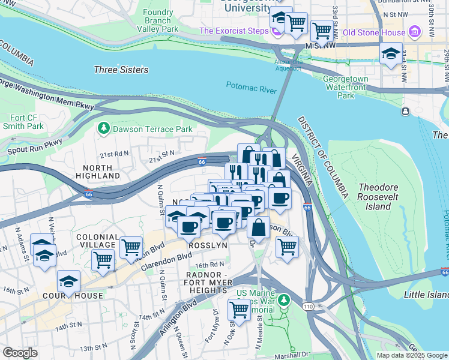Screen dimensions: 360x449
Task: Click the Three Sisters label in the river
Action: point(121,70)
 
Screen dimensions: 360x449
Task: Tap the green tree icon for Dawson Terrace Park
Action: point(104,128)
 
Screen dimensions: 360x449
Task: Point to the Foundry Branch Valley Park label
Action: point(158,20)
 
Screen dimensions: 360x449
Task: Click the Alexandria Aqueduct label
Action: point(288,65)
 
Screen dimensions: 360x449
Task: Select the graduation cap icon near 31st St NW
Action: point(391,54)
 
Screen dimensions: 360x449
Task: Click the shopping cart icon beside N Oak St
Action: point(239,310)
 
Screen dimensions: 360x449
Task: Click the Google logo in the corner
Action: point(20,353)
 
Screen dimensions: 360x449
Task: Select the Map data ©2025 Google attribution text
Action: point(412,355)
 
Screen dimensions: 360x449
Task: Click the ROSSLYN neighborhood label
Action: point(207,246)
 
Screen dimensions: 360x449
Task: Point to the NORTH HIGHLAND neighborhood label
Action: point(98,172)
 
